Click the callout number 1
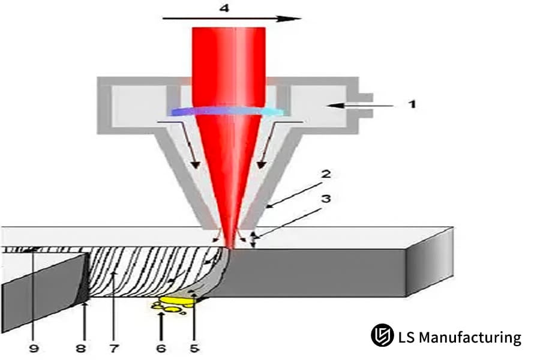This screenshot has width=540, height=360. click(412, 104)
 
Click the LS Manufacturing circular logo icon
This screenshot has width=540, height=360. click(381, 336)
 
